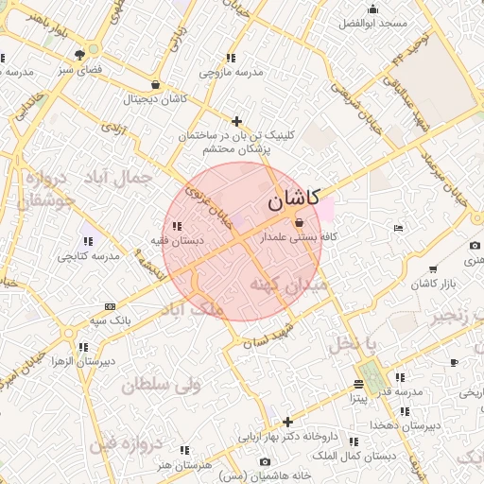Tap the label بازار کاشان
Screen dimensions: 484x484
point(435,284)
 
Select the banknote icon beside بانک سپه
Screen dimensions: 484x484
point(111,306)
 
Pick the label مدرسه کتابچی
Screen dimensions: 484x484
point(88,256)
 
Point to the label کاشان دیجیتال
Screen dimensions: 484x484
point(157,98)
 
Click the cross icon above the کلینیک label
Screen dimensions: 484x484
point(236,121)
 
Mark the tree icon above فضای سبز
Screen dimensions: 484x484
point(94,54)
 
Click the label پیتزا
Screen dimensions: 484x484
point(358,398)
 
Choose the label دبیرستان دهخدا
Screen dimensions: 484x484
point(407,426)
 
